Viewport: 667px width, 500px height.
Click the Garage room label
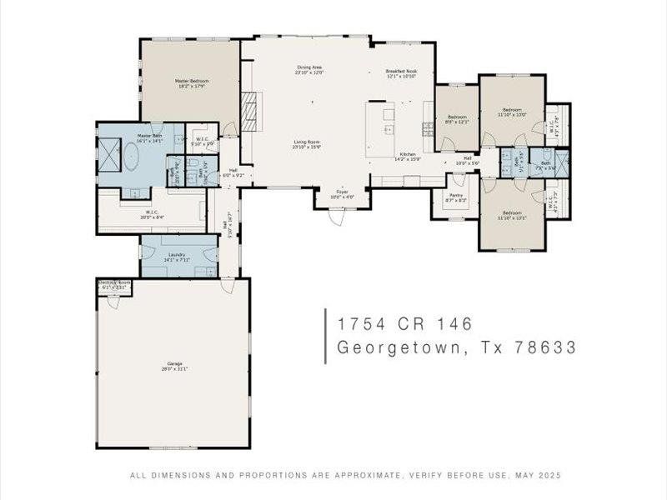tap(173, 366)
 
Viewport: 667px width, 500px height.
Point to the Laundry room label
tap(176, 257)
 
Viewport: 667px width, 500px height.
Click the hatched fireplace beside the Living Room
tap(247, 107)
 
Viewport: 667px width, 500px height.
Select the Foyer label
tap(341, 194)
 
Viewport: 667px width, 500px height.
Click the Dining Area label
tap(308, 70)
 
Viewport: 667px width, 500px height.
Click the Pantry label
tap(456, 198)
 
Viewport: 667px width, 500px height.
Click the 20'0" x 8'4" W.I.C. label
tap(152, 214)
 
